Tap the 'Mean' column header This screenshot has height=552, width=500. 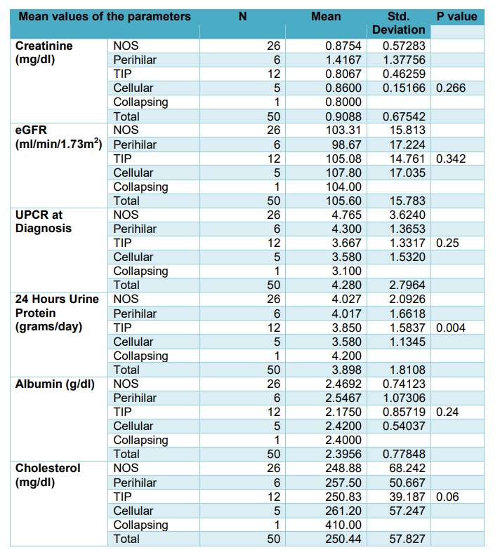pos(326,16)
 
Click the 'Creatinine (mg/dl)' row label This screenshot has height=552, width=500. pos(44,53)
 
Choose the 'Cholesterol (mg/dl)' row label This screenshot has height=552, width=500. pos(48,475)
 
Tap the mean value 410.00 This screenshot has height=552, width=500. pos(343,525)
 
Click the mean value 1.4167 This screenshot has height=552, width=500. pos(343,60)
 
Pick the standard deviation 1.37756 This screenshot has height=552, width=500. pos(404,60)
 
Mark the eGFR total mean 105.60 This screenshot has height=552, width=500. pos(343,201)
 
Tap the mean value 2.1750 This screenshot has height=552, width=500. pos(343,412)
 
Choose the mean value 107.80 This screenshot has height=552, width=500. pos(343,173)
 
